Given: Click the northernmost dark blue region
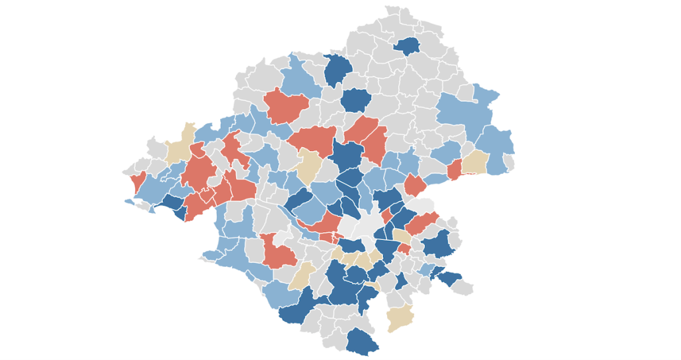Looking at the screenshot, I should point(406,46).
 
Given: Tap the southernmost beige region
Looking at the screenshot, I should point(400,317).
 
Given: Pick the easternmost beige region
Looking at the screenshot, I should point(475,162).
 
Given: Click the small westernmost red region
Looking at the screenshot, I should point(138,181).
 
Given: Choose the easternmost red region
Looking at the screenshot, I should point(454,170).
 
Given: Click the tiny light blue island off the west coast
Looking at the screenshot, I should point(128,201).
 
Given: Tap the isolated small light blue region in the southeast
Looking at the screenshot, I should point(426,268).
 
